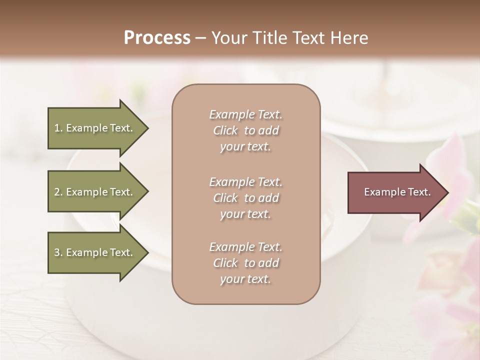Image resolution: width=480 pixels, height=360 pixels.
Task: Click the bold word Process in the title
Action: pos(157,38)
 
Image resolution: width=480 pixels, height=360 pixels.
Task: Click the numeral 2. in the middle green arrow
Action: pos(58,192)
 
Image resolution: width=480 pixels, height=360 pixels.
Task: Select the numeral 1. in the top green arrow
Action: pos(58,128)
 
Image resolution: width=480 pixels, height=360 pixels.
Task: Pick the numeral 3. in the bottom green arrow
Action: pos(58,252)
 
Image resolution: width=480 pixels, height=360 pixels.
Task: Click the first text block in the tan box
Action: pos(245,130)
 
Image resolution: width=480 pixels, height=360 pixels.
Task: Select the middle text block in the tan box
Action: pos(245,198)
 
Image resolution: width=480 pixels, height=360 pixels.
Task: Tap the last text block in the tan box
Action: pos(245,263)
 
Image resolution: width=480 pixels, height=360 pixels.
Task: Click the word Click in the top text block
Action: pos(225,130)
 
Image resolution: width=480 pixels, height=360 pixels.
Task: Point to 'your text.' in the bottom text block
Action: pos(245,279)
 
